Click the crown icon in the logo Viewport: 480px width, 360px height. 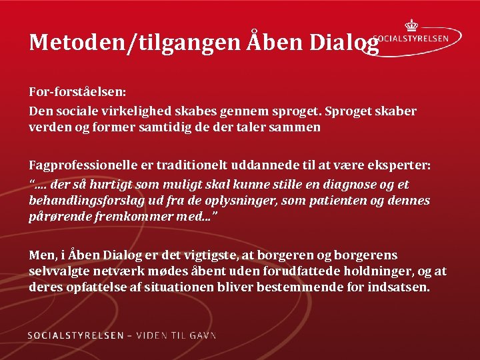point(411,26)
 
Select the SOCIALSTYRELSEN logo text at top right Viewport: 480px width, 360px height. point(411,39)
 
